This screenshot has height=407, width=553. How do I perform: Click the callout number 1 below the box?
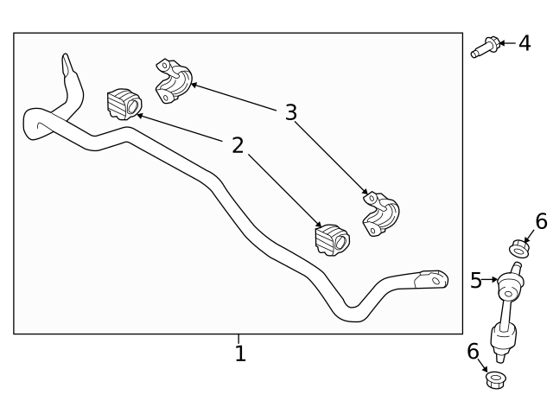pyautogui.click(x=240, y=353)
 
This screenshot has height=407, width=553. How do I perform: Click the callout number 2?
pyautogui.click(x=238, y=145)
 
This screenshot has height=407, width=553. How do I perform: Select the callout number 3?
pyautogui.click(x=291, y=112)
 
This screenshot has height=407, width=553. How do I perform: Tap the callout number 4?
pyautogui.click(x=524, y=42)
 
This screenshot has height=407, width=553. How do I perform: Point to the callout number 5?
pyautogui.click(x=476, y=280)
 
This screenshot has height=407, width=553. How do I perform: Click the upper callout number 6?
pyautogui.click(x=541, y=222)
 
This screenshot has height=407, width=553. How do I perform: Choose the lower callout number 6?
pyautogui.click(x=473, y=352)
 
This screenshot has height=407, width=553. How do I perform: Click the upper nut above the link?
pyautogui.click(x=518, y=250)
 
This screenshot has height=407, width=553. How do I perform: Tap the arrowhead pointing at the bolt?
pyautogui.click(x=500, y=42)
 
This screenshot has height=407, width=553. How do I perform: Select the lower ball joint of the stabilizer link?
pyautogui.click(x=504, y=338)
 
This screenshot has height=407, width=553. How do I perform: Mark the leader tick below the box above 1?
pyautogui.click(x=239, y=338)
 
